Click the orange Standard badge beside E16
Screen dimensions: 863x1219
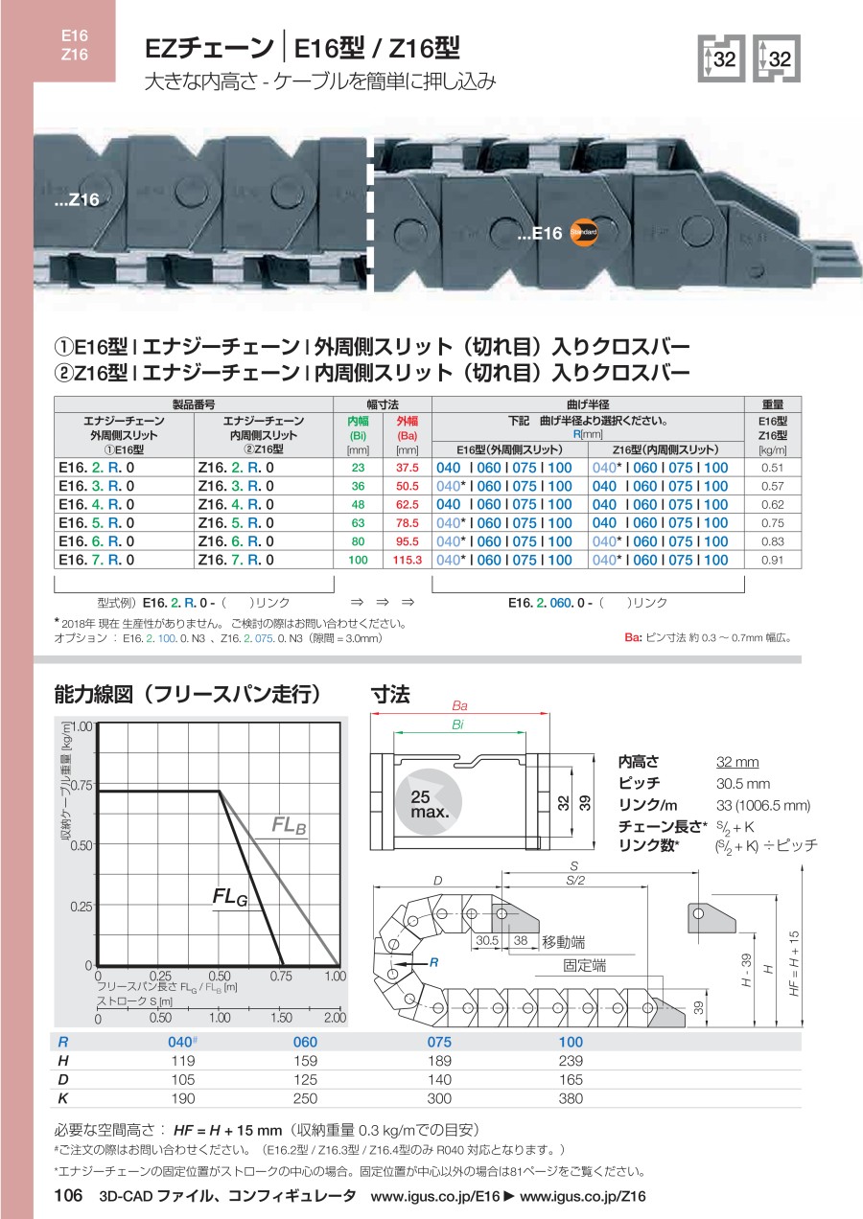click(584, 232)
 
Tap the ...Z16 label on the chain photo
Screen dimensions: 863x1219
click(77, 199)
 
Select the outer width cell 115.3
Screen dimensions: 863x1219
click(408, 560)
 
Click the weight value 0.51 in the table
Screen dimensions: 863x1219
click(772, 468)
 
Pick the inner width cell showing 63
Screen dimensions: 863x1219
click(358, 523)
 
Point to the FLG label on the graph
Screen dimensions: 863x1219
click(230, 896)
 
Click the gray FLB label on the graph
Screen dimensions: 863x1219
click(289, 825)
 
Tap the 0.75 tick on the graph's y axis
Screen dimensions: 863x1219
click(82, 785)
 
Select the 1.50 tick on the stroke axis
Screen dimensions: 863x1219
click(282, 1017)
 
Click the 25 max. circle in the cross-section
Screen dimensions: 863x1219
click(429, 802)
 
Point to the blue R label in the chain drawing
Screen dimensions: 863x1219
click(434, 962)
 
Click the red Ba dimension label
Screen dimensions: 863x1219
click(459, 706)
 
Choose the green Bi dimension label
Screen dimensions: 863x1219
click(457, 724)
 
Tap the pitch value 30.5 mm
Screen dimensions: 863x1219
click(743, 784)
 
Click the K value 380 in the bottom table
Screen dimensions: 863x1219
click(571, 1098)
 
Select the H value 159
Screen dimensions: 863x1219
click(305, 1060)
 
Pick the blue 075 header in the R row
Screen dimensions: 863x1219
click(439, 1042)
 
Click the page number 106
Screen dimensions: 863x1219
click(69, 1195)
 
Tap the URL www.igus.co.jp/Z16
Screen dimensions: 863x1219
click(583, 1196)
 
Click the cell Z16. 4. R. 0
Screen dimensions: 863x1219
click(236, 504)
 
